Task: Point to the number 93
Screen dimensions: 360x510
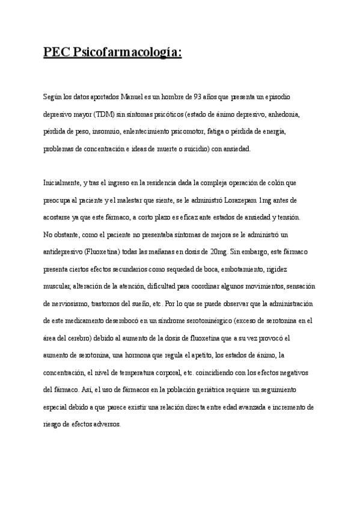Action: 192,97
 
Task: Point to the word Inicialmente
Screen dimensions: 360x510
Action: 61,182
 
